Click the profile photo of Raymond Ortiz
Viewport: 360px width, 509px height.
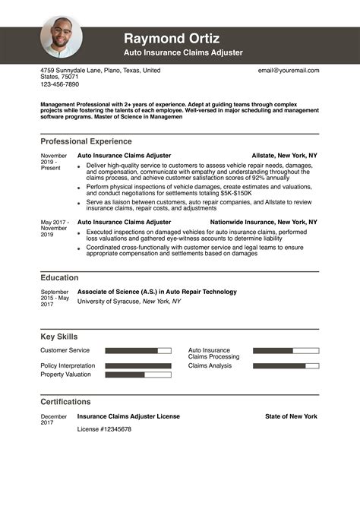62,37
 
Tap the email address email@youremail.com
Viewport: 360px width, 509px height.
289,71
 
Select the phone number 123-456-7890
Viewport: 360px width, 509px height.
59,84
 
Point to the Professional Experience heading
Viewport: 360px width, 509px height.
86,141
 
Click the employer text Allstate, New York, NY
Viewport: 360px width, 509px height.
284,155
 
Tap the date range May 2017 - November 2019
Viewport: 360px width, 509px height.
54,228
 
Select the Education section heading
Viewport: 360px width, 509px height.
59,278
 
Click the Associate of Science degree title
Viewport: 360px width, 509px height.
157,292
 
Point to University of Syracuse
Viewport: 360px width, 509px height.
109,302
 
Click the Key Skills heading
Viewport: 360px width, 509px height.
58,337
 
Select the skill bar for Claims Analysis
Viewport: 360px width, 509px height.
286,366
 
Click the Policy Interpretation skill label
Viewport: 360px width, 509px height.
68,365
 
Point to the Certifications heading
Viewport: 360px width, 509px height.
65,402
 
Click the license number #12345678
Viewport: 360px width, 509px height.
105,429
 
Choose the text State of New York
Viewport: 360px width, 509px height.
291,416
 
